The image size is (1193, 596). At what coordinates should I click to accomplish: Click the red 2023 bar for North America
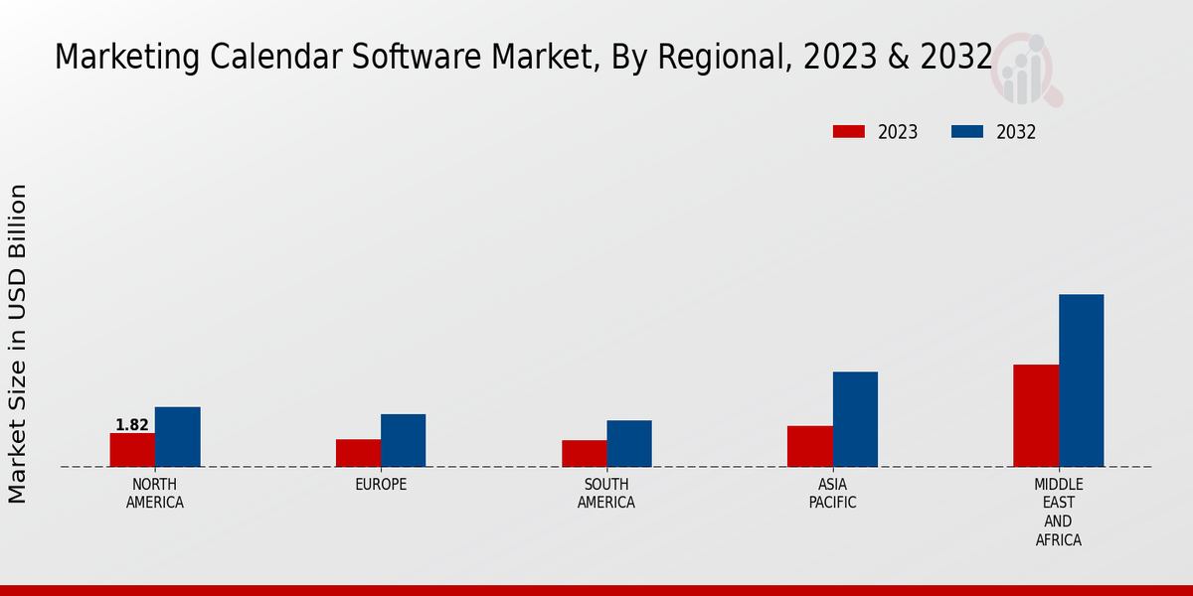pyautogui.click(x=132, y=450)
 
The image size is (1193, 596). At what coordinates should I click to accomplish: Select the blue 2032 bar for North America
pyautogui.click(x=177, y=437)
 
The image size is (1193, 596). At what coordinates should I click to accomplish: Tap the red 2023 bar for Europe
pyautogui.click(x=358, y=453)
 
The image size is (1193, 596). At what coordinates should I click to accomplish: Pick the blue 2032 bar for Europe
pyautogui.click(x=403, y=440)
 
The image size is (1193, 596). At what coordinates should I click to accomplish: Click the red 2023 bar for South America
pyautogui.click(x=584, y=453)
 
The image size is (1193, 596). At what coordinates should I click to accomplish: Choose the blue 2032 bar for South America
pyautogui.click(x=629, y=443)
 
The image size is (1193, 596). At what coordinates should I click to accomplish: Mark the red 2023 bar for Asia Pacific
pyautogui.click(x=809, y=446)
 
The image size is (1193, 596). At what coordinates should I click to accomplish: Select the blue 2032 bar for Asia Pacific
pyautogui.click(x=855, y=419)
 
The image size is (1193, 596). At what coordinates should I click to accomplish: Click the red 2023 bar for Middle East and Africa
pyautogui.click(x=1036, y=415)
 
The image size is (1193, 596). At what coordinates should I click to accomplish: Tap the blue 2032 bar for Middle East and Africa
pyautogui.click(x=1081, y=380)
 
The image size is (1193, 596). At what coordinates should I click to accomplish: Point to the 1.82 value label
pyautogui.click(x=132, y=425)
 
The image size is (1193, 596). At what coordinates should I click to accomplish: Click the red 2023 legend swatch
pyautogui.click(x=849, y=132)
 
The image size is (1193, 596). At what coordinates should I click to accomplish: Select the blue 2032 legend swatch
pyautogui.click(x=967, y=132)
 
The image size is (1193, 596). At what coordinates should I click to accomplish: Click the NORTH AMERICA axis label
pyautogui.click(x=155, y=494)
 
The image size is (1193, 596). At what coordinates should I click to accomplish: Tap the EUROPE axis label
pyautogui.click(x=381, y=485)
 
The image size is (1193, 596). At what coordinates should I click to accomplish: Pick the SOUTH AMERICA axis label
pyautogui.click(x=606, y=494)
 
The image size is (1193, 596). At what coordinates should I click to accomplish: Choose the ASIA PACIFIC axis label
pyautogui.click(x=832, y=494)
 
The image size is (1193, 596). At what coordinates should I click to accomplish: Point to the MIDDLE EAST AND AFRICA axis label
pyautogui.click(x=1058, y=513)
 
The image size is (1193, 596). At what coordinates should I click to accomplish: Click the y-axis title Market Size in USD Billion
pyautogui.click(x=18, y=343)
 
